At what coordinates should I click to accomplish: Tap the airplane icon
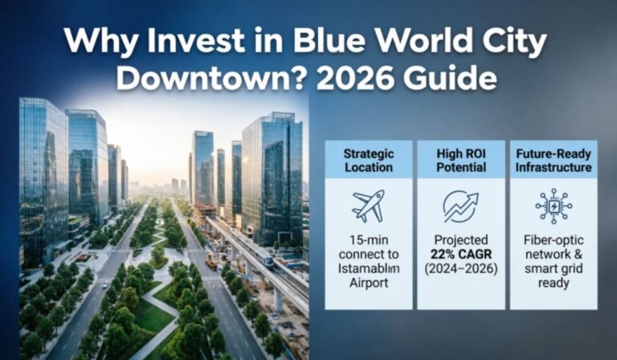click(x=368, y=207)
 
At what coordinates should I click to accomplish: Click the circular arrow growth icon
click(x=460, y=207)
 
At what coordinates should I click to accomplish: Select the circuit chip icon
click(x=553, y=207)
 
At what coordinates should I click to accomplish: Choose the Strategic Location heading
click(x=368, y=160)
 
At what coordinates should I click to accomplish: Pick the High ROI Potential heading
click(x=460, y=160)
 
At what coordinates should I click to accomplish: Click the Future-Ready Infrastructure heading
click(x=553, y=160)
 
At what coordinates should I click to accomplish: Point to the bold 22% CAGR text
click(x=460, y=255)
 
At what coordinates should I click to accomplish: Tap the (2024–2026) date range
click(x=460, y=269)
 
